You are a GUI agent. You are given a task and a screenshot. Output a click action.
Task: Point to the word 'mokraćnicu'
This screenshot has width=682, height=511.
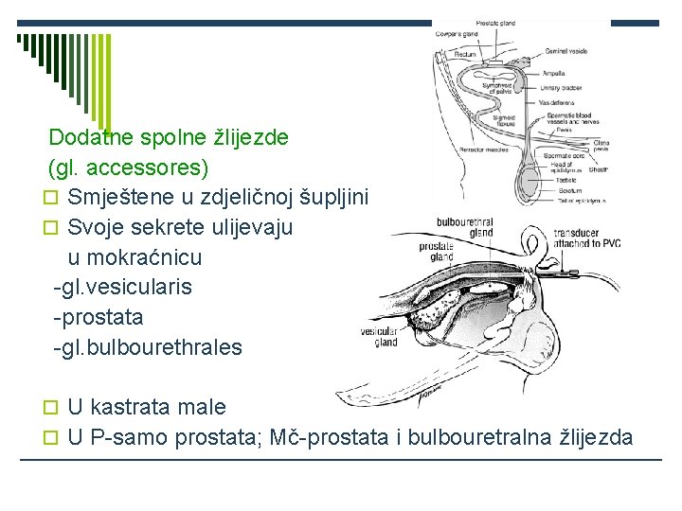pyautogui.click(x=148, y=257)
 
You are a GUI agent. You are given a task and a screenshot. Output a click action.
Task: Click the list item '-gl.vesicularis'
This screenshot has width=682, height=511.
pyautogui.click(x=123, y=286)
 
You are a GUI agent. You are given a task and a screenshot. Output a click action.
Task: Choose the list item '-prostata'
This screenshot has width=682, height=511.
pyautogui.click(x=99, y=316)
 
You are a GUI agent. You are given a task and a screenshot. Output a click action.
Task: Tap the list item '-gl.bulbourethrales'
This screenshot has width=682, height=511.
pyautogui.click(x=148, y=346)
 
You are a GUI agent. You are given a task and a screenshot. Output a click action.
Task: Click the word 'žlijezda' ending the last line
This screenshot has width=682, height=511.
pyautogui.click(x=596, y=436)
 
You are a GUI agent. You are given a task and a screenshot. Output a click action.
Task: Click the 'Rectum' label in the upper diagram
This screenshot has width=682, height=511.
pyautogui.click(x=466, y=54)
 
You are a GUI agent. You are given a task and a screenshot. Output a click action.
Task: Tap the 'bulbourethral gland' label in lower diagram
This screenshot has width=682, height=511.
pyautogui.click(x=465, y=227)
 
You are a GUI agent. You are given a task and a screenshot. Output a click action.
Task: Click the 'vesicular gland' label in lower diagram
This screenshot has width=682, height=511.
pyautogui.click(x=379, y=337)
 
